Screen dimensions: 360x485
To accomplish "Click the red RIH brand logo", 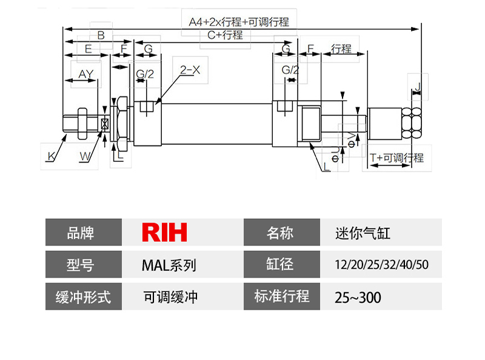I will click(164, 232).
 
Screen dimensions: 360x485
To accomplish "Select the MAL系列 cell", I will click(169, 265).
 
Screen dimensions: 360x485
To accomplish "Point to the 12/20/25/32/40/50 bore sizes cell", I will click(381, 265).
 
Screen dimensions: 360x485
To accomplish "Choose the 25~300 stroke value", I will click(358, 298).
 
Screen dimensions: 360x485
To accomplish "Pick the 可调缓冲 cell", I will click(170, 297).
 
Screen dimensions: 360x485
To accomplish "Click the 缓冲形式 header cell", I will click(84, 297).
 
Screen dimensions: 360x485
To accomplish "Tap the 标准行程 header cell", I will click(282, 297).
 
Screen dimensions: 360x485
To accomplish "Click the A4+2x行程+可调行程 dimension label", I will click(238, 21).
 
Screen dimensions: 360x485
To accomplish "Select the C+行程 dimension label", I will click(225, 35).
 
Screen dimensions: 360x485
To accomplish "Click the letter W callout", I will click(87, 156).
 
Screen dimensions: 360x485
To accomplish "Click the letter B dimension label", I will click(101, 35).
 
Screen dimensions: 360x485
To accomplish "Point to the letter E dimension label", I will click(88, 48).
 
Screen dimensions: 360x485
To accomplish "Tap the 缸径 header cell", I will click(282, 265).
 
